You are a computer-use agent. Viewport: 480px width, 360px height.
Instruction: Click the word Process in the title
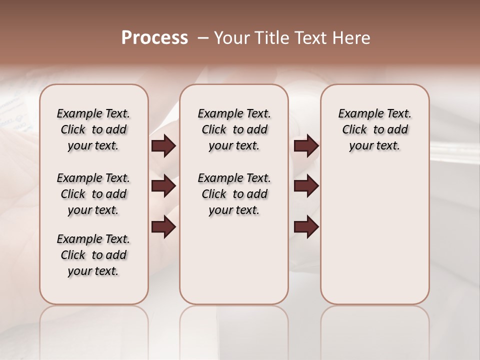[x=154, y=38]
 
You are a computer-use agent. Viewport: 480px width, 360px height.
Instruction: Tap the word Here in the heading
[x=352, y=38]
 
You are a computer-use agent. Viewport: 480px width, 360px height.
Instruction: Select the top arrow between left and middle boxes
[x=163, y=146]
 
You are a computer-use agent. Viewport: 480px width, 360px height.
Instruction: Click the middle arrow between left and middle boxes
[x=163, y=186]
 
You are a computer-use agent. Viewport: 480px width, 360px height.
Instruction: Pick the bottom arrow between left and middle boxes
[x=163, y=227]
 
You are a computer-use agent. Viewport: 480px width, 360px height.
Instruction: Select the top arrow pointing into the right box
[x=306, y=146]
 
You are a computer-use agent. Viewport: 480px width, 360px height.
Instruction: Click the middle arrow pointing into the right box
[x=306, y=186]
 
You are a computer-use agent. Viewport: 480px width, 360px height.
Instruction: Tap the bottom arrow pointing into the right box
[x=306, y=227]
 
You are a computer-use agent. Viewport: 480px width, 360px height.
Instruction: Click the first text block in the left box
[x=93, y=129]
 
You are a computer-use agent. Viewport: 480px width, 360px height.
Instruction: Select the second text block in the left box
[x=93, y=194]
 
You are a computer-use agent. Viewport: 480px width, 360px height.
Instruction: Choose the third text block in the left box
[x=93, y=255]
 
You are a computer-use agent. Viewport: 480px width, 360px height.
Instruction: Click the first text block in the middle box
[x=234, y=129]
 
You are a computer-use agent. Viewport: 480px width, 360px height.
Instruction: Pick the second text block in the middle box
[x=234, y=194]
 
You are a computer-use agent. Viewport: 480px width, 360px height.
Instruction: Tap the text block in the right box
[x=374, y=129]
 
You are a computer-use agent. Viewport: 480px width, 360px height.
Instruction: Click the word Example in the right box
[x=358, y=114]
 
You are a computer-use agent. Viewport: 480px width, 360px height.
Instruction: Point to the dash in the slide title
[x=202, y=38]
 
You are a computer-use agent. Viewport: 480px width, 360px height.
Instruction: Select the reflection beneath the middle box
[x=234, y=325]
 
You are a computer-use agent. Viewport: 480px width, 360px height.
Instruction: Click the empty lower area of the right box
[x=374, y=240]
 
